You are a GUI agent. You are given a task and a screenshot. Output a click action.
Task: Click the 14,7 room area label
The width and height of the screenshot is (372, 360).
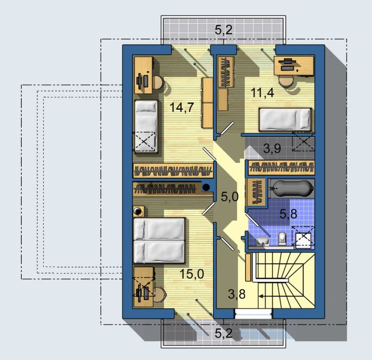182,107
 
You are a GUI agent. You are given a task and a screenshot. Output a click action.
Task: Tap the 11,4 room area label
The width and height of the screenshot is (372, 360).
262,92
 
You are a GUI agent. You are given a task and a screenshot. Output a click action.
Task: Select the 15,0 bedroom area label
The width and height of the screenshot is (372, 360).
192,274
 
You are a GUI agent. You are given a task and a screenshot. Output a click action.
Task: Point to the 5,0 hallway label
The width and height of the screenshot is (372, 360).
229,197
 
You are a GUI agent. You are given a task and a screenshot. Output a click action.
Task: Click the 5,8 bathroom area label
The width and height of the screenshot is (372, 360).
288,214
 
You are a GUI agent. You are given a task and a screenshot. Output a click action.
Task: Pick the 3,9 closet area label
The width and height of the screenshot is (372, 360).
272,149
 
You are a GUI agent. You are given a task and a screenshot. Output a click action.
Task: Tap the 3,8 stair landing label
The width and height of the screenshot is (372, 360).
236,294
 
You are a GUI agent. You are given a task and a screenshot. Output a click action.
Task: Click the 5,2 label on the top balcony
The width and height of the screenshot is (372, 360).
224,30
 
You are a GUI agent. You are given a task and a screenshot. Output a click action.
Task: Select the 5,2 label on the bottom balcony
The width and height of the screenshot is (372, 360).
224,333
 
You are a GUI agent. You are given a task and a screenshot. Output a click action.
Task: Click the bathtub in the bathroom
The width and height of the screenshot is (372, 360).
291,188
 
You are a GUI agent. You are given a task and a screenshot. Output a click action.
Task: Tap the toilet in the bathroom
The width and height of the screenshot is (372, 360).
282,238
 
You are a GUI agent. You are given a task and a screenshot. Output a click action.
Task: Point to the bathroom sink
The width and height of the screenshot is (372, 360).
263,241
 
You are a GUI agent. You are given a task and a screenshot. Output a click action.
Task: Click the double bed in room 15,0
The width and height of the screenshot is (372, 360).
159,240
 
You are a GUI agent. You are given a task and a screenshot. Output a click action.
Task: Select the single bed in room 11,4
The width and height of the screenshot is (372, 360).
285,120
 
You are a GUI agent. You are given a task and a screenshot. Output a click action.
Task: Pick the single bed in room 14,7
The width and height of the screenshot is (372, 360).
146,126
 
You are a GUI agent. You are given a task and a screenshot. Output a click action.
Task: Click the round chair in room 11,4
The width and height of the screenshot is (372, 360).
286,81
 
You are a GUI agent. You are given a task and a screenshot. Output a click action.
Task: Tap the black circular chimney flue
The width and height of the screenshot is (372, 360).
206,187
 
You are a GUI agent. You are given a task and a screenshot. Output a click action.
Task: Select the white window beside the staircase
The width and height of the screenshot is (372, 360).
253,313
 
